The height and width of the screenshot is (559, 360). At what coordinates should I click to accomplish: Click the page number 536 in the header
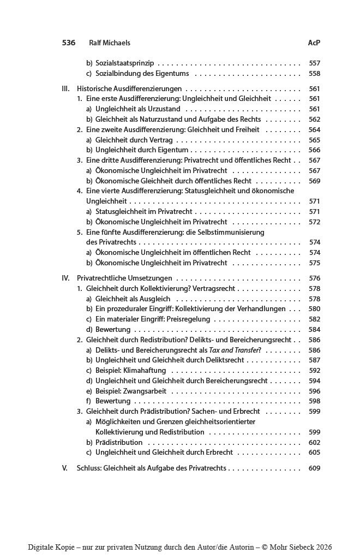tap(69, 43)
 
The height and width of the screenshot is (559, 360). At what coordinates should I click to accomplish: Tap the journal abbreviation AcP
tap(314, 43)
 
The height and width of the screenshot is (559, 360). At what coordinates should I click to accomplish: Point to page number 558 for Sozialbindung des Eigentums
tap(314, 74)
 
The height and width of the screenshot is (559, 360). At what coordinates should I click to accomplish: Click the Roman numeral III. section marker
tap(66, 88)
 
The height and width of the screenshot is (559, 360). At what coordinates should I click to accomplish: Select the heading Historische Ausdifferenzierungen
tap(129, 88)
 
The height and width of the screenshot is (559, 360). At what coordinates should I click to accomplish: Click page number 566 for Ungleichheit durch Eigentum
tap(314, 150)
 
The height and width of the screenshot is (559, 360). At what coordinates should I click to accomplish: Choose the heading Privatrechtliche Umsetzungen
tap(124, 278)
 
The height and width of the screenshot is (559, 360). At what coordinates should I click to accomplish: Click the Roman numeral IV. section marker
tap(66, 278)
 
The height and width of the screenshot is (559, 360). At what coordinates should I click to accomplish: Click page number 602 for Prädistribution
tap(314, 442)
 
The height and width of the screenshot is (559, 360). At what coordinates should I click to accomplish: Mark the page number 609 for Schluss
tap(314, 468)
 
